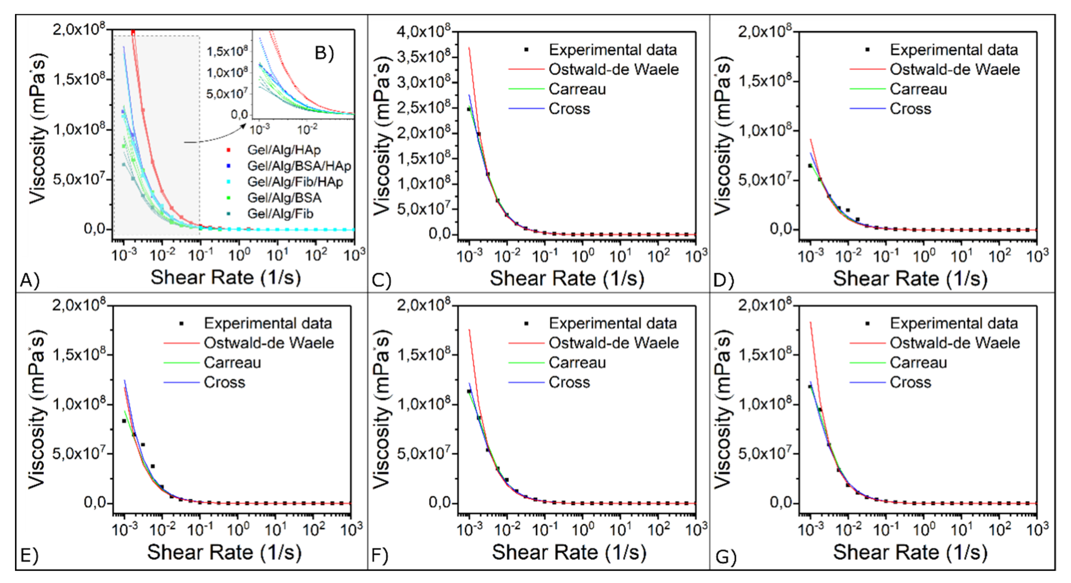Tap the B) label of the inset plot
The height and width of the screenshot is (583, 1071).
click(324, 53)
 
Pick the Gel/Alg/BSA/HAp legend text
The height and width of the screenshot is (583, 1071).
click(299, 166)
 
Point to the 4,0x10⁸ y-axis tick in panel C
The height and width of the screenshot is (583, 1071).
click(423, 32)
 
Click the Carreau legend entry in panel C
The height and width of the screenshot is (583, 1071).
click(577, 89)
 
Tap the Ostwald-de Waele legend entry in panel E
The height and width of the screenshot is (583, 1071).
click(269, 343)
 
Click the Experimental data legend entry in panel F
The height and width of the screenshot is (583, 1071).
click(612, 324)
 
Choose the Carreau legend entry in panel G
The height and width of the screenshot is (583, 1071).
click(918, 363)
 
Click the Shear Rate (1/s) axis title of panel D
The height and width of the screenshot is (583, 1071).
click(910, 279)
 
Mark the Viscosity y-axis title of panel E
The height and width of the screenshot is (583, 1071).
click(37, 410)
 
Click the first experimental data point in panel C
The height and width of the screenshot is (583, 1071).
click(469, 109)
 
